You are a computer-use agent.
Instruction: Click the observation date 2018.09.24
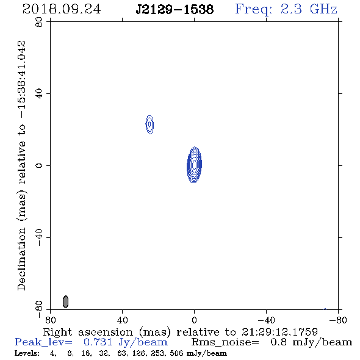62,9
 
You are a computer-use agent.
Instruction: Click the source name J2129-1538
175,9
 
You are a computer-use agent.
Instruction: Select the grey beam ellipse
66,301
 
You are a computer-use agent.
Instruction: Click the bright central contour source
195,165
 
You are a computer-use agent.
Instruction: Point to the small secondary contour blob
149,124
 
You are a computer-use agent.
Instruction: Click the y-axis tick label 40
39,94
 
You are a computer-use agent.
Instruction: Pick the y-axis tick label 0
39,165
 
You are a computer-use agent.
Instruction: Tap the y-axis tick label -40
39,237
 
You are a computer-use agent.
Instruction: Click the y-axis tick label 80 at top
39,22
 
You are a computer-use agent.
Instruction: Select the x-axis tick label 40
123,320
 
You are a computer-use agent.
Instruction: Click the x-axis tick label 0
195,320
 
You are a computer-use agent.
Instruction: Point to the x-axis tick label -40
266,320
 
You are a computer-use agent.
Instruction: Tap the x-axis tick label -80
338,320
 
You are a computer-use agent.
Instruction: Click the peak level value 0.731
98,342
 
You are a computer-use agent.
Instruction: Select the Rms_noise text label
225,342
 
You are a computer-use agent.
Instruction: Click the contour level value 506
176,353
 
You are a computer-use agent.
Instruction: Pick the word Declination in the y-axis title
21,259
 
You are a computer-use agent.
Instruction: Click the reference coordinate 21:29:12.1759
279,332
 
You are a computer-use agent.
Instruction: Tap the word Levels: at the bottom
27,353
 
